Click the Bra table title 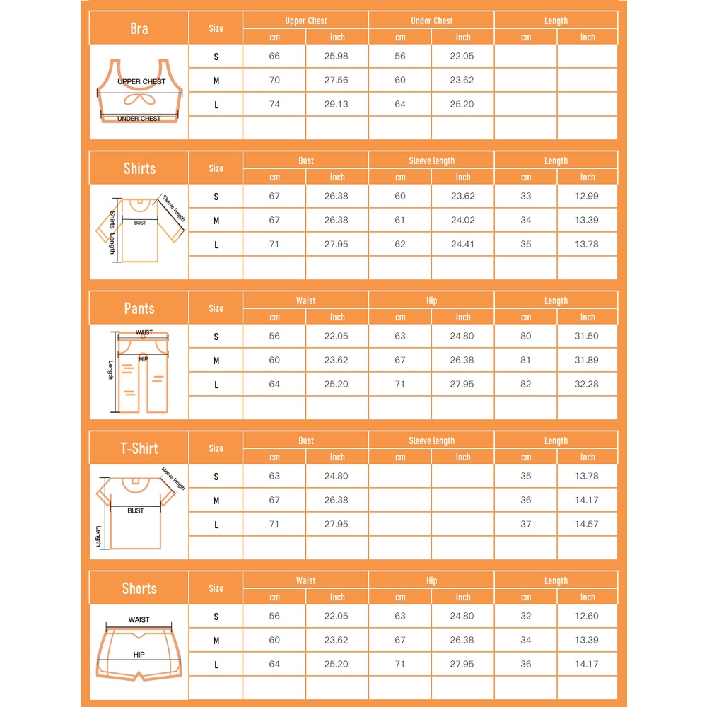[139, 28]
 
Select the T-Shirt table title [139, 448]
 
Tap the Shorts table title [139, 588]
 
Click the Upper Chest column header [305, 21]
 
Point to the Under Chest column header [431, 21]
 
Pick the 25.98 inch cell [337, 56]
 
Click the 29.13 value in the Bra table [337, 104]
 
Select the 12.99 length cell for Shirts [587, 196]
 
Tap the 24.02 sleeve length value [462, 220]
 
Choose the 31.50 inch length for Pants [587, 336]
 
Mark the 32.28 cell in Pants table [587, 384]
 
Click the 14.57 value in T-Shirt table [587, 524]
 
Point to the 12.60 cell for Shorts [587, 616]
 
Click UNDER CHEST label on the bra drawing [139, 119]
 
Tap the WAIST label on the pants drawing [144, 332]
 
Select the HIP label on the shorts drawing [139, 655]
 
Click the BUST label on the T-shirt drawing [136, 510]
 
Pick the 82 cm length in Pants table [525, 384]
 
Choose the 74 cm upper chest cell [274, 104]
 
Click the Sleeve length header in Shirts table [431, 160]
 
